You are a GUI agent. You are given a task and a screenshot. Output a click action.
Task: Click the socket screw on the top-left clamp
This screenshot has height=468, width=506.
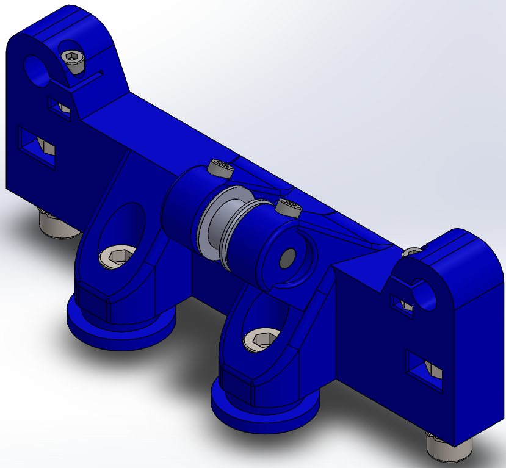click(x=73, y=59)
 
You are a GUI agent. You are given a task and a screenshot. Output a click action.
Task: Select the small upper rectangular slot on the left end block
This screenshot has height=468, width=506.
click(x=60, y=106)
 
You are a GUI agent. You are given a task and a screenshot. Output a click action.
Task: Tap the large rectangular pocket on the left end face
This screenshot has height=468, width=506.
click(x=37, y=145)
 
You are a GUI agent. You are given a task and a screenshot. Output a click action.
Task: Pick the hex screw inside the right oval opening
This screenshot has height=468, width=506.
click(x=258, y=340)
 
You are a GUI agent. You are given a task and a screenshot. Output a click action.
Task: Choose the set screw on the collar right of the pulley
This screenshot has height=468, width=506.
click(x=288, y=207)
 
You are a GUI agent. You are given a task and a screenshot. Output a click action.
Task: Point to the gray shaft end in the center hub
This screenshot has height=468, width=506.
click(x=286, y=259)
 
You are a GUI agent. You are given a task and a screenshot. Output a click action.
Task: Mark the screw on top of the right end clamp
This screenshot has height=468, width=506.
click(x=413, y=251)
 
